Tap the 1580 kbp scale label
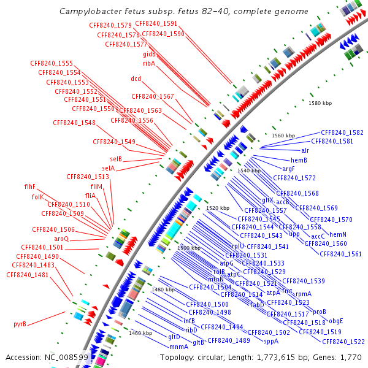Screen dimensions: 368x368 tap(320, 103)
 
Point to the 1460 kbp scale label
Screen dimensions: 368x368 tap(140, 333)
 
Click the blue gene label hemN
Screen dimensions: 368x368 tap(339, 234)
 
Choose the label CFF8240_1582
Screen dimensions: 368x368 tap(342, 132)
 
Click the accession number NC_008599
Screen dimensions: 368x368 tap(69, 357)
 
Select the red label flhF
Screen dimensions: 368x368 tap(30, 186)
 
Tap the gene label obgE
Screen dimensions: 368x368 tap(335, 321)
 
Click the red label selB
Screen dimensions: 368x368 tap(112, 159)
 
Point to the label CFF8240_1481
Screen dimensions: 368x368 tap(27, 275)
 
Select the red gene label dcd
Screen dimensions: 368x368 tap(136, 79)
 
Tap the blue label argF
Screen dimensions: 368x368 tap(289, 169)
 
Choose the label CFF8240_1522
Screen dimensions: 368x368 tap(343, 342)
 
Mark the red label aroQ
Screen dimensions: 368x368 tap(61, 239)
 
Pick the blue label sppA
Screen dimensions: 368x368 tap(271, 341)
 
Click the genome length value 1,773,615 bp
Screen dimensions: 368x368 tap(269, 357)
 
